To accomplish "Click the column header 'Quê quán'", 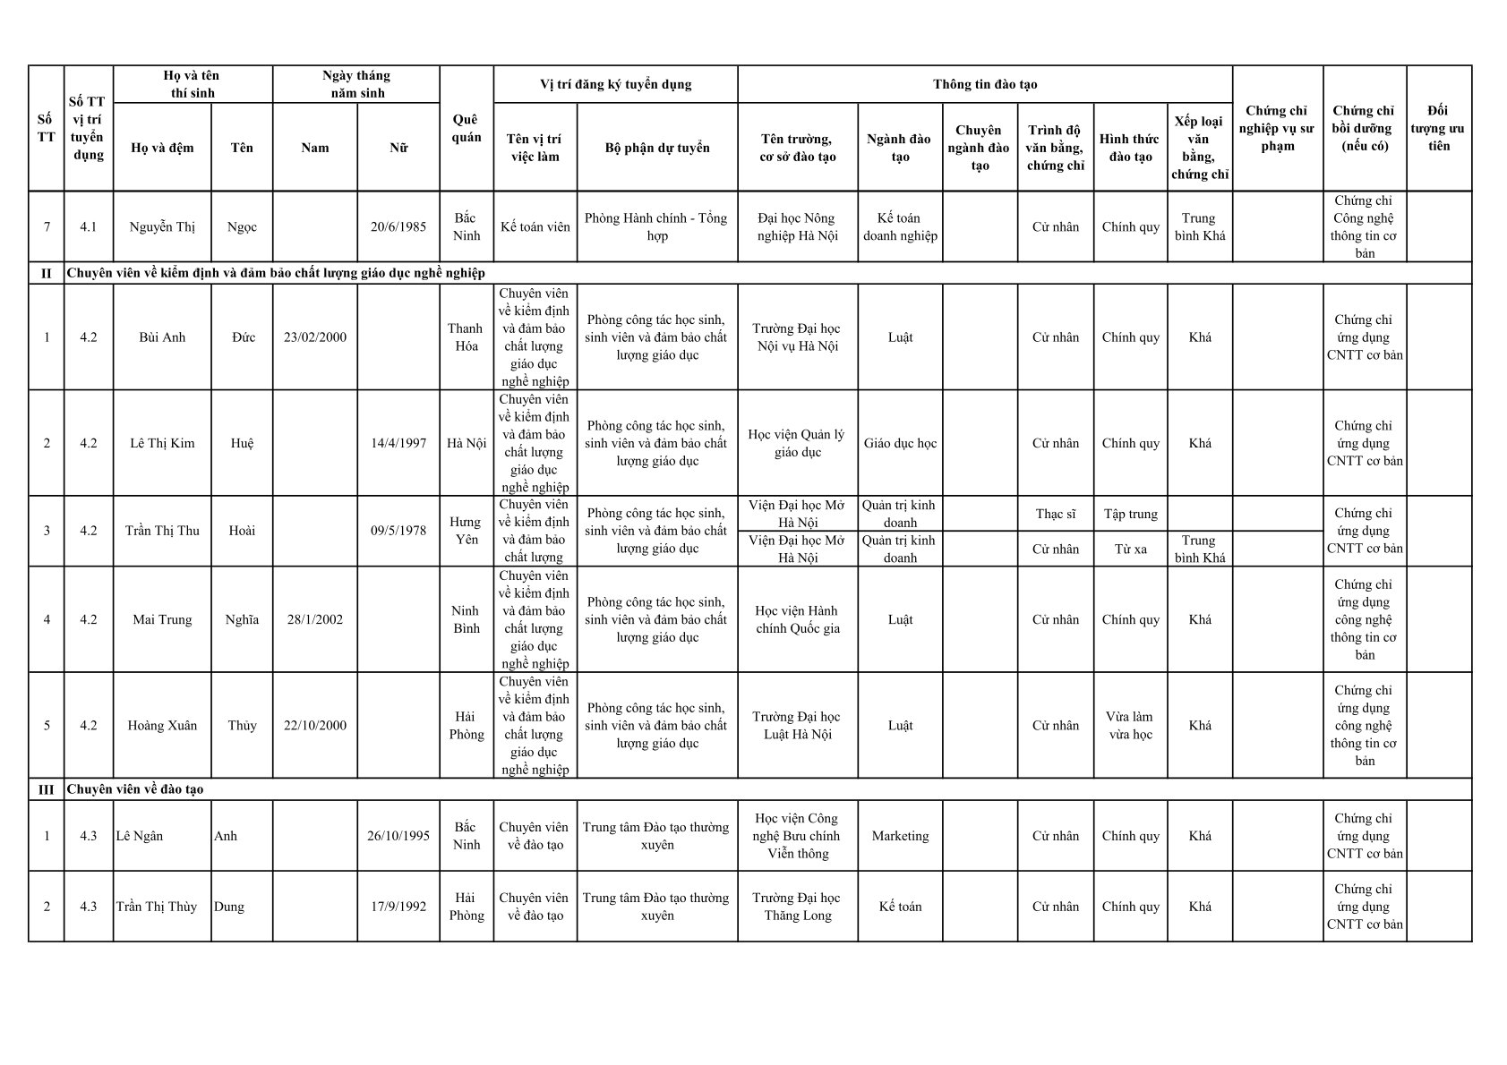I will coord(466,128).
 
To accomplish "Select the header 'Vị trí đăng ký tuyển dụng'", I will coord(615,84).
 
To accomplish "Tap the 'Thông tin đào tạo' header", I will coord(984,84).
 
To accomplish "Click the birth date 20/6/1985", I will coord(398,227).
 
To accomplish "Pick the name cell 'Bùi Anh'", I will coord(162,337).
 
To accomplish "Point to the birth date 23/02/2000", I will coord(315,337).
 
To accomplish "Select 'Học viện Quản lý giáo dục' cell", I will coord(797,443).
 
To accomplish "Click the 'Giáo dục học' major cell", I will coord(900,443).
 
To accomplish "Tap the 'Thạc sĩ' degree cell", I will coord(1055,514).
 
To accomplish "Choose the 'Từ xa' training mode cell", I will coord(1130,549).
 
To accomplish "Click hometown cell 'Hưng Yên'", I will coord(466,531).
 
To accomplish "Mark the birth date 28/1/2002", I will coord(315,619).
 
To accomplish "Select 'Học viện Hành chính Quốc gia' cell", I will coord(797,619).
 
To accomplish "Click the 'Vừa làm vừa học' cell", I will coord(1130,726).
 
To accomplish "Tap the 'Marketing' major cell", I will coord(900,836).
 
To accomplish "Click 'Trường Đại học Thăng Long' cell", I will coord(797,907).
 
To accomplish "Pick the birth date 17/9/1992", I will coord(398,907).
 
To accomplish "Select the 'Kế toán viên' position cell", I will coord(535,227).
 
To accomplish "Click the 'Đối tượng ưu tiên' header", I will coord(1438,128).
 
